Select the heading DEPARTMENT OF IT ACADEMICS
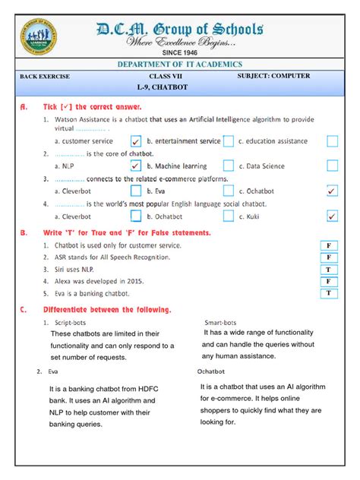click(179, 65)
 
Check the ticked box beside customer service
click(136, 141)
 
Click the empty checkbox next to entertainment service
click(228, 141)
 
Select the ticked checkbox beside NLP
click(136, 166)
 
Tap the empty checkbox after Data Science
click(332, 166)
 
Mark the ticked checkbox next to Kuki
click(332, 216)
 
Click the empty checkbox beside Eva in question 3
click(228, 191)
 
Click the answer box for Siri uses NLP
click(328, 270)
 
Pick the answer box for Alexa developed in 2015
click(328, 281)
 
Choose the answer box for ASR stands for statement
click(328, 257)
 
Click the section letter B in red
click(24, 233)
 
